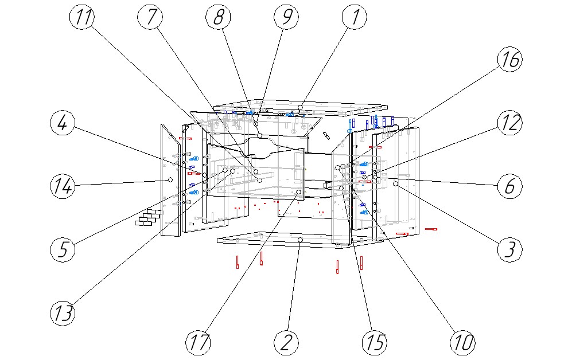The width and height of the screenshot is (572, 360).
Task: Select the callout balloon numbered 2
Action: (x=286, y=342)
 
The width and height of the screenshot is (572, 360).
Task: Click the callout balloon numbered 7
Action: (x=151, y=18)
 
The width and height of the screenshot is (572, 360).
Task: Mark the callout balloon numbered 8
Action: (x=219, y=18)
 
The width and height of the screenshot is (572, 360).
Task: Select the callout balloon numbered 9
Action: (x=286, y=18)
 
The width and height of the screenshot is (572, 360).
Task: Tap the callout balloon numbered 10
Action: (x=463, y=342)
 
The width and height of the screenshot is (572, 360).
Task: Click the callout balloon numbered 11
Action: (x=83, y=18)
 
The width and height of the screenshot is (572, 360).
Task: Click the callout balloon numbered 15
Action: (x=375, y=342)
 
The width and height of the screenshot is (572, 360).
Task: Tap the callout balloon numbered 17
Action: (x=198, y=342)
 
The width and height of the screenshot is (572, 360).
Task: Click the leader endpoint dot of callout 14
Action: (x=170, y=179)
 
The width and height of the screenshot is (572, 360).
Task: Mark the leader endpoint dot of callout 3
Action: (x=396, y=183)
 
